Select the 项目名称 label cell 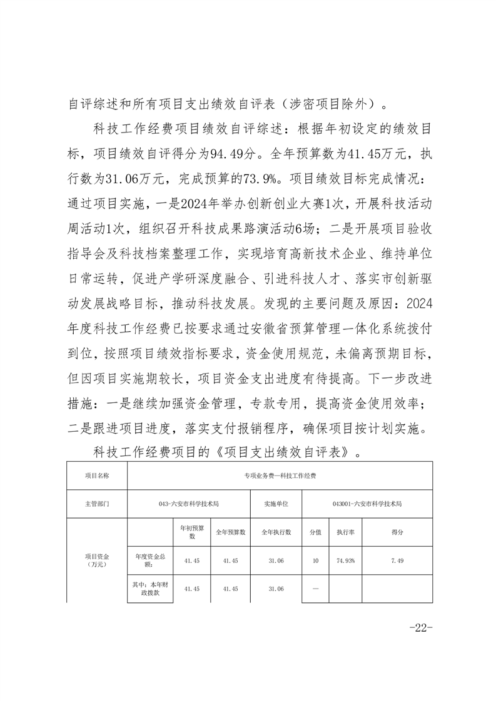coord(97,475)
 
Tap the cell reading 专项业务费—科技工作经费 coord(280,475)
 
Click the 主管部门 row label coord(97,503)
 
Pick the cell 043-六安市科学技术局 coord(188,503)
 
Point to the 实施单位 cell coord(276,503)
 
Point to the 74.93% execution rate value coord(346,560)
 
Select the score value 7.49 coord(397,560)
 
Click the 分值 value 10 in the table coord(315,560)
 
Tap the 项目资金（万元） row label coord(97,560)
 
